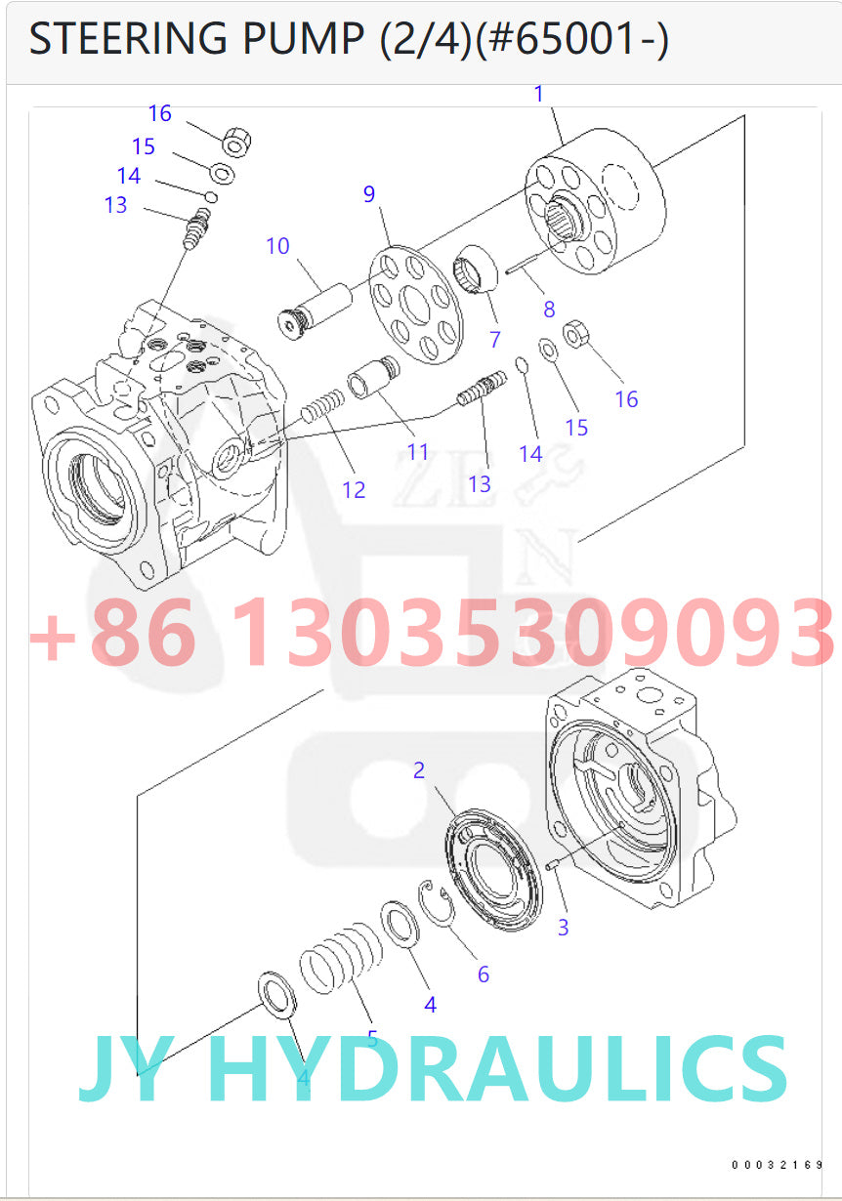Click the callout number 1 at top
538,95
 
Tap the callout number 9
369,193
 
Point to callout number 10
277,245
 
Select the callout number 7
495,340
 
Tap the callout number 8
549,310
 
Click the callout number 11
418,452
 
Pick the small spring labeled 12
322,406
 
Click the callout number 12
354,489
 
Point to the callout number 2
419,770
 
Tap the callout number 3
563,927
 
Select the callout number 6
483,973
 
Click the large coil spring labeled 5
341,961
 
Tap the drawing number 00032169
778,1164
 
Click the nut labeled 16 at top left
236,143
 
